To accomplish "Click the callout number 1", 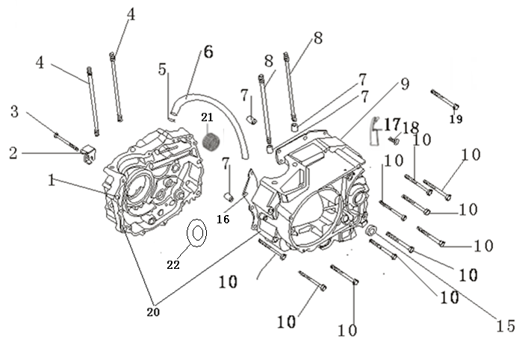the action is click(x=52, y=180).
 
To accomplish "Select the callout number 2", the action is click(x=13, y=153).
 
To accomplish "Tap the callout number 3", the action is click(x=14, y=111).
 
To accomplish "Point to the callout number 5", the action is click(x=162, y=69).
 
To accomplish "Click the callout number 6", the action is click(x=209, y=52).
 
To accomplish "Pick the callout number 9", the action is click(x=405, y=84).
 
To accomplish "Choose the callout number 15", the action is click(x=506, y=326).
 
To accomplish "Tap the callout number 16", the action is click(x=223, y=220).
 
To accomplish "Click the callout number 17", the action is click(x=392, y=125).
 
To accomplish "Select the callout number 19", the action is click(x=456, y=119).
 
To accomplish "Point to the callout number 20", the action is click(x=153, y=312).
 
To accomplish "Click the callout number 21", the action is click(x=207, y=117).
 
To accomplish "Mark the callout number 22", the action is click(x=173, y=265).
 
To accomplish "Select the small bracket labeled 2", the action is click(x=88, y=154).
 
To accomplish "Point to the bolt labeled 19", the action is click(x=444, y=99).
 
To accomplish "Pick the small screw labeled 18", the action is click(x=394, y=140).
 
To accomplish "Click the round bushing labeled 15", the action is click(x=371, y=231).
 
